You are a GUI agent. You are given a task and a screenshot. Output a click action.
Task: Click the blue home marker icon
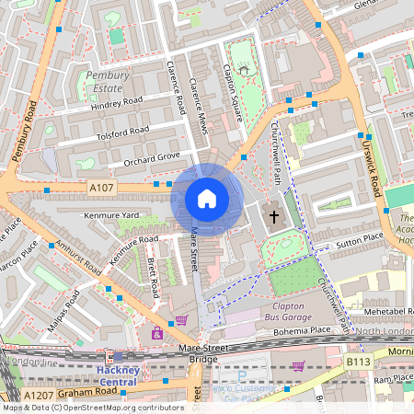[x=207, y=199]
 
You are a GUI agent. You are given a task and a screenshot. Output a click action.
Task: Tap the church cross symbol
[x=272, y=217]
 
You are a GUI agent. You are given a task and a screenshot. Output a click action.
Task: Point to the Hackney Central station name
[x=117, y=374]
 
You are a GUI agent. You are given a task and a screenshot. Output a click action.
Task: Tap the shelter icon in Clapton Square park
[x=244, y=69]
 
